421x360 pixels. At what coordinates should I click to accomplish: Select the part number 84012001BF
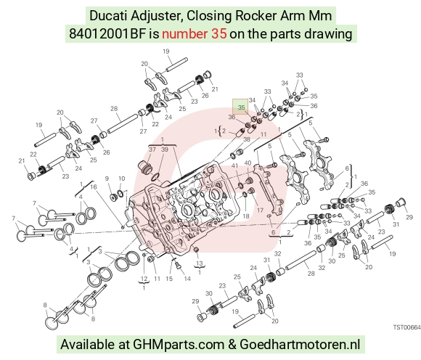107,34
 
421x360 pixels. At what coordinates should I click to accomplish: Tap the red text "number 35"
194,34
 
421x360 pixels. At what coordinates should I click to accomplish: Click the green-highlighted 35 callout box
240,106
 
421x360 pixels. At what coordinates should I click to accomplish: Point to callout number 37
152,149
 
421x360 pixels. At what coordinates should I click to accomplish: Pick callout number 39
164,149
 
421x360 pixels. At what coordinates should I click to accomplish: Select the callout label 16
93,187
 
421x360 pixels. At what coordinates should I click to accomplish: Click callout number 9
107,179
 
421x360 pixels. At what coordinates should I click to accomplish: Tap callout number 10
122,179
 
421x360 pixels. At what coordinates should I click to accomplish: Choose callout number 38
247,139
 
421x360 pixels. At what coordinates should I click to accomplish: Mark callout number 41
234,165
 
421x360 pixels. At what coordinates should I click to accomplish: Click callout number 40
248,163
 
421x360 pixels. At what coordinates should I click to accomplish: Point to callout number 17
260,210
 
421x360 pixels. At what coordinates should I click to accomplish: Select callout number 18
246,216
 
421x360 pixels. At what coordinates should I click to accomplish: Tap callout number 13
199,263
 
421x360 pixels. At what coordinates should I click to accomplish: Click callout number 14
187,279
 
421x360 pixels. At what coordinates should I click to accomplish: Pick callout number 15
169,279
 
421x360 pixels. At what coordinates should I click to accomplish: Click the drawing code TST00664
406,327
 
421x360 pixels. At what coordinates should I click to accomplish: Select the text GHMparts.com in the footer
179,345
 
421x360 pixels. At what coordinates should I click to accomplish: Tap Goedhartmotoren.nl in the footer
300,344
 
